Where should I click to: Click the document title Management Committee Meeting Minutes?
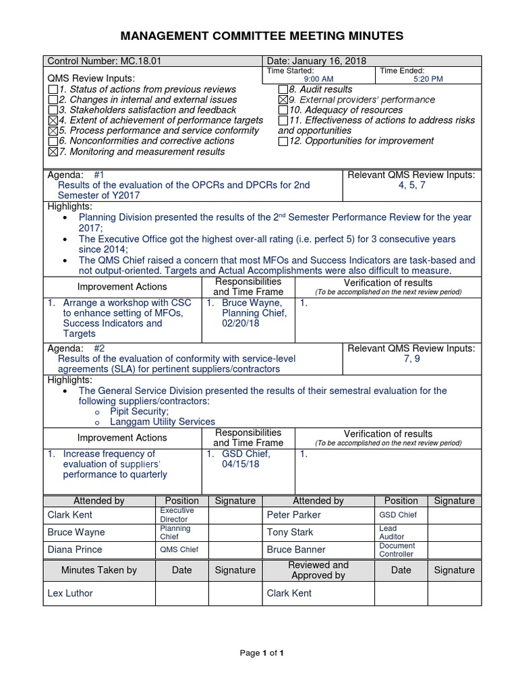point(262,36)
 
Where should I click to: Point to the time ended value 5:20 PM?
point(427,79)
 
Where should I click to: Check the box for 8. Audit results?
point(283,90)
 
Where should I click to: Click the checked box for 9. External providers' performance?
point(283,100)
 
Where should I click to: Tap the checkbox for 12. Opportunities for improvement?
point(283,141)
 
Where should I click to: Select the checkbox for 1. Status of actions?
point(53,90)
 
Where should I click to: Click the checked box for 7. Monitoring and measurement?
point(53,152)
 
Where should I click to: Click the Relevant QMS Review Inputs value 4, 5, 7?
point(411,185)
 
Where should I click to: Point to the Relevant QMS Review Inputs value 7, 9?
point(411,359)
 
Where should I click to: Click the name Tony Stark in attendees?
point(290,532)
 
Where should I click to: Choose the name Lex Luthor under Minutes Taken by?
point(70,593)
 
